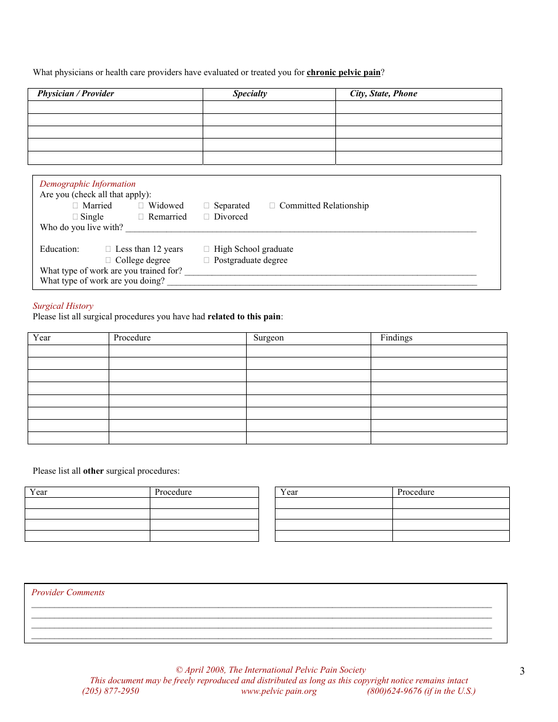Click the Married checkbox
pos(76,206)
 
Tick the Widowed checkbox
pos(142,206)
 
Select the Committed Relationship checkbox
pos(273,206)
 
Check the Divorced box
pos(207,217)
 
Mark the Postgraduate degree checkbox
pos(207,261)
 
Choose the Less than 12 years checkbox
pos(109,249)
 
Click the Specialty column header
pos(250,94)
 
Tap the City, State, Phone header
pos(384,94)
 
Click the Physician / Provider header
pos(76,94)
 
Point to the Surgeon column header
pos(268,338)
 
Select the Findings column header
pos(396,338)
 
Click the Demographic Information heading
pos(88,184)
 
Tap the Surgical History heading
pos(63,306)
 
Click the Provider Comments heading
pos(68,593)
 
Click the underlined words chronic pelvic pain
pos(344,73)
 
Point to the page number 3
pos(522,672)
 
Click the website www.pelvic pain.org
pos(278,691)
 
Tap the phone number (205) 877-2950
pos(110,691)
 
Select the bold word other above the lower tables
pos(93,471)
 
